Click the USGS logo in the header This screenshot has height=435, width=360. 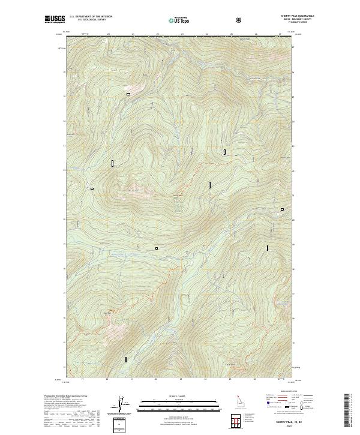click(55, 19)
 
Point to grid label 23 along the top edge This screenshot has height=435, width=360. click(182, 35)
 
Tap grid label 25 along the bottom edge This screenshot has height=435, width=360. click(230, 379)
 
